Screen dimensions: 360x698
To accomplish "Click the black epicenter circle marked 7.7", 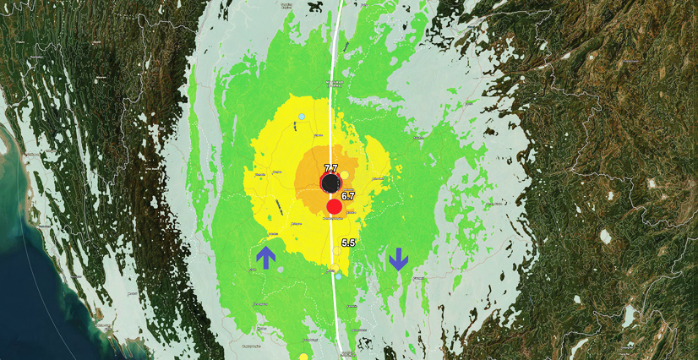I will (330, 183).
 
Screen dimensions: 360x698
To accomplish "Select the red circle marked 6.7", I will (334, 206).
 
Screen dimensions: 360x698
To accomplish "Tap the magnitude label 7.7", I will (330, 168).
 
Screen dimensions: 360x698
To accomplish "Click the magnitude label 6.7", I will (348, 195).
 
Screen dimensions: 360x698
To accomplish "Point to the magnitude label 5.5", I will (348, 243).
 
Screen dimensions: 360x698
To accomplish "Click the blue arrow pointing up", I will (266, 257).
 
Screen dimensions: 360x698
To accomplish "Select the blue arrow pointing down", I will (399, 259).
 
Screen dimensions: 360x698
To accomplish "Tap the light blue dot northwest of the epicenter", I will (302, 116).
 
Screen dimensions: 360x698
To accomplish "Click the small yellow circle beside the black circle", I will (345, 174).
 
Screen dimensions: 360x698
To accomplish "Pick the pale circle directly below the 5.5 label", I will (336, 251).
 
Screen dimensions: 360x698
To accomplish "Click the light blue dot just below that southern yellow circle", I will (338, 276).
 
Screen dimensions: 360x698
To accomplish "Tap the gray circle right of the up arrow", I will (281, 270).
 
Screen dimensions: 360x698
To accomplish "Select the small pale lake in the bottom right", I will (628, 316).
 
